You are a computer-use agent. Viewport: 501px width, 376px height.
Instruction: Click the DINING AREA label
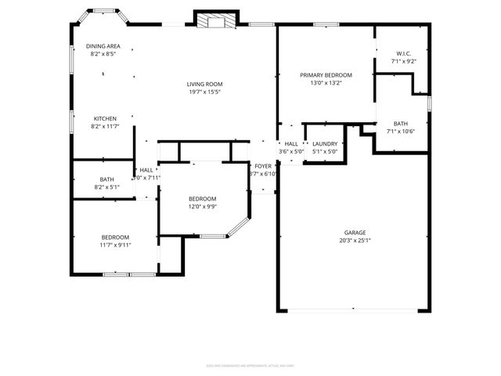[x=103, y=46]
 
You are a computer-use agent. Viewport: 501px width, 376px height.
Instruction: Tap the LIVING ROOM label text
[x=204, y=84]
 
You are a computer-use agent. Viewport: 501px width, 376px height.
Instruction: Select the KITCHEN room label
[x=105, y=118]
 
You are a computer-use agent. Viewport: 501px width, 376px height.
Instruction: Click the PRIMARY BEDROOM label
[x=326, y=75]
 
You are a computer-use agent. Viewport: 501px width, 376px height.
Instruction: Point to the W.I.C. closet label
[x=403, y=53]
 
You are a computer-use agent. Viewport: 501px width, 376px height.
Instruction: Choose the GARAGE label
[x=355, y=233]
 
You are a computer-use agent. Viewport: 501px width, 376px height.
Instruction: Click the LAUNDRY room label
[x=324, y=144]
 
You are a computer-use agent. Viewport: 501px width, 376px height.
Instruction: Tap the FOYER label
[x=262, y=166]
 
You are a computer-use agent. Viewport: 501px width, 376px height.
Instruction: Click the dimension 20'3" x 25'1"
[x=355, y=240]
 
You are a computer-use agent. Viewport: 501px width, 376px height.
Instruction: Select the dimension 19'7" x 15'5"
[x=204, y=92]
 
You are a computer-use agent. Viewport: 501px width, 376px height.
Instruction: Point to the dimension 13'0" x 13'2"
[x=326, y=83]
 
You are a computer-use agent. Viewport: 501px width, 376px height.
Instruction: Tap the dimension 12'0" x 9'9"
[x=202, y=207]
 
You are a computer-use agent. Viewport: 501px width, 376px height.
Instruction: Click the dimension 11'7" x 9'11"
[x=115, y=244]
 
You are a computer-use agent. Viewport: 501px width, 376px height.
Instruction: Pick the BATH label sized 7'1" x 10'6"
[x=400, y=124]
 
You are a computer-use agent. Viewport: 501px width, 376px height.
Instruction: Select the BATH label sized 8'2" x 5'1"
[x=106, y=179]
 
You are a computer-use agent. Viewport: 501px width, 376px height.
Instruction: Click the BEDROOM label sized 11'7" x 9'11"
[x=115, y=237]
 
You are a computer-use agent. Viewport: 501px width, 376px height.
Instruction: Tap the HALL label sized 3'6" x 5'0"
[x=291, y=144]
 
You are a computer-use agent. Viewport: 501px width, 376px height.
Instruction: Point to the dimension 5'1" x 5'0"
[x=324, y=152]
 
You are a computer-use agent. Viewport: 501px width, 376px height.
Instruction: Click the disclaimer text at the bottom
[x=250, y=364]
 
